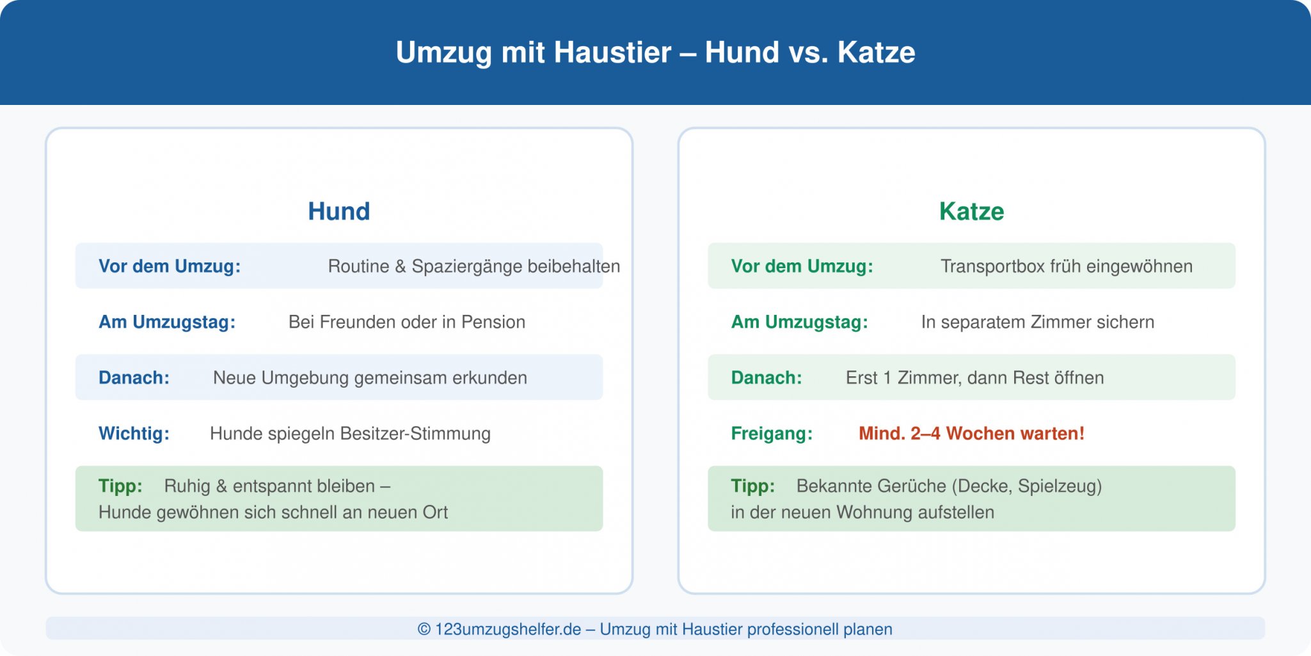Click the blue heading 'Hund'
[x=339, y=211]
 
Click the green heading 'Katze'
[x=971, y=211]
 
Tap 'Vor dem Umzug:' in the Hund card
[x=170, y=266]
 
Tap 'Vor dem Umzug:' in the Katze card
[x=802, y=266]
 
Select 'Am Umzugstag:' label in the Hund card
[x=167, y=322]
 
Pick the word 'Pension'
[x=493, y=322]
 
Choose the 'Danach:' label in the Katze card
[x=767, y=378]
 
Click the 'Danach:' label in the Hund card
[x=134, y=378]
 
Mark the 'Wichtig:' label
[x=134, y=433]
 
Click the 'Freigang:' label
[x=772, y=433]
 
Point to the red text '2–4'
[x=925, y=433]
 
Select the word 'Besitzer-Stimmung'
[x=415, y=433]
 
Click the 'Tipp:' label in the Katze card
[x=752, y=486]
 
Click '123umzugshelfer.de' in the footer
[x=508, y=629]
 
